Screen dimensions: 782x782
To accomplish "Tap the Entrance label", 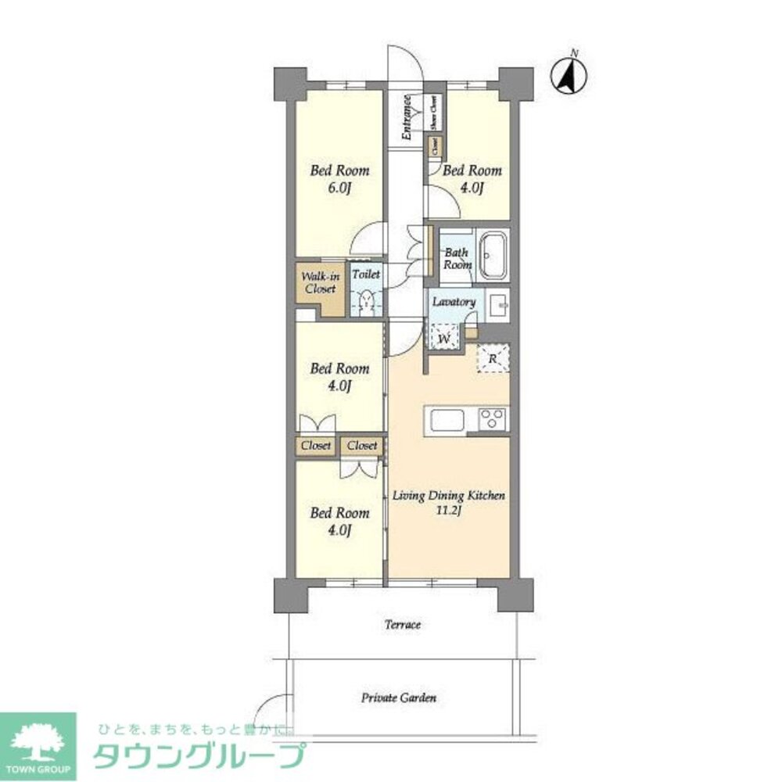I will (407, 117).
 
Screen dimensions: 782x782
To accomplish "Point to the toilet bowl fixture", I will (365, 302).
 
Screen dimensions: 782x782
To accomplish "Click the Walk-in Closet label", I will (319, 282).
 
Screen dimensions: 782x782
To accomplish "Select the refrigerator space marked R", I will (493, 358).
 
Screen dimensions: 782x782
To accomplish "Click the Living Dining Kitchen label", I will (449, 496).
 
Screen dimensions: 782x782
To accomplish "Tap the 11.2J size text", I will (449, 511).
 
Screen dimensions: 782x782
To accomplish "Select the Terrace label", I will (403, 625).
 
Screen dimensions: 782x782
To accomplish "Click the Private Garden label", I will (399, 697).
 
